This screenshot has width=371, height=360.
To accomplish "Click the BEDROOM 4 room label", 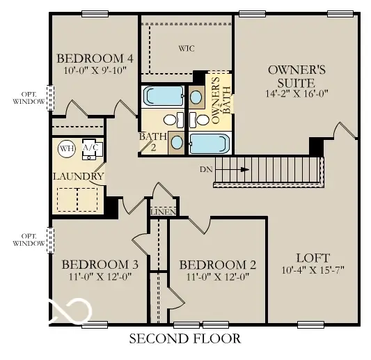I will tap(95, 58).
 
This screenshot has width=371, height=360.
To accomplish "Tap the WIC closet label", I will tap(185, 49).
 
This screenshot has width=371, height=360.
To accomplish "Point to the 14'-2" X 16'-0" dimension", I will tap(297, 93).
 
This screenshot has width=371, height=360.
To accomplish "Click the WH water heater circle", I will tap(66, 148).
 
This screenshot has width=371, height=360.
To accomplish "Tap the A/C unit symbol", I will tap(91, 149).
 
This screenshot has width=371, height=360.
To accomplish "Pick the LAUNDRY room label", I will tap(78, 176).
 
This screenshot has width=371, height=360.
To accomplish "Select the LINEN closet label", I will tap(161, 211).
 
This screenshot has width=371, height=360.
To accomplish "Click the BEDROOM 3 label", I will tap(100, 265).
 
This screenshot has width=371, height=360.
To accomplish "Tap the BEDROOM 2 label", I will tap(218, 265).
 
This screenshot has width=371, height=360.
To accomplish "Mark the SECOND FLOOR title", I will tap(185, 339).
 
